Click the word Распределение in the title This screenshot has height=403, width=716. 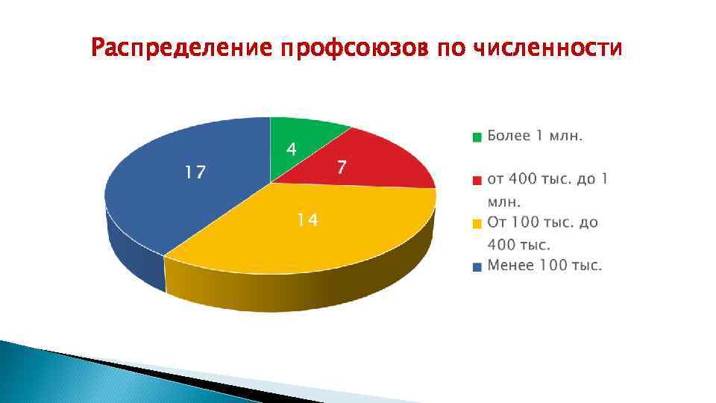click(x=181, y=49)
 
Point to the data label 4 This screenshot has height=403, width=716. click(x=292, y=149)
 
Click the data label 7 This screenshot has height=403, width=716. click(x=341, y=167)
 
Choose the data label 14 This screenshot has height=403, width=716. click(x=307, y=220)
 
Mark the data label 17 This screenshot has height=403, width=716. click(x=195, y=173)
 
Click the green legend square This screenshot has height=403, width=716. click(x=477, y=137)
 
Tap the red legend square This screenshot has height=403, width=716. click(x=477, y=180)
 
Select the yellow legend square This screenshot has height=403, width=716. click(x=477, y=223)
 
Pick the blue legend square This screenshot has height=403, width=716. click(x=477, y=266)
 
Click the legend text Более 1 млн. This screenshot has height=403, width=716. click(x=535, y=136)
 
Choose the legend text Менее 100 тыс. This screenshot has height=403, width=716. click(x=544, y=265)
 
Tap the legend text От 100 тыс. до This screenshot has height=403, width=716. click(x=542, y=222)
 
